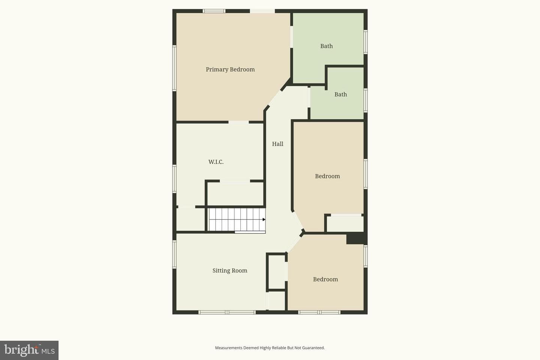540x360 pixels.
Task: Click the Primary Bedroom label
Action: (230, 69)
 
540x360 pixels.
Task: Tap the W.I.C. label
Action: (216, 162)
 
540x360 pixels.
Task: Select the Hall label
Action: (278, 144)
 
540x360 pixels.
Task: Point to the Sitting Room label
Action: (230, 270)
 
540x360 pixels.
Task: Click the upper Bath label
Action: (326, 46)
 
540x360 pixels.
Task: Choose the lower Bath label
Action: (340, 94)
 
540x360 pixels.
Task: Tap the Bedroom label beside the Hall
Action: (327, 176)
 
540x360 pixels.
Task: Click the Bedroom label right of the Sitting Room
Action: (325, 279)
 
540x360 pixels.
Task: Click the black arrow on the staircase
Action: (264, 219)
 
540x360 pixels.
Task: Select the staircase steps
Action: (237, 220)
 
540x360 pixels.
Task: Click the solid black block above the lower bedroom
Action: (357, 238)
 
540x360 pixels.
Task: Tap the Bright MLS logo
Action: (29, 350)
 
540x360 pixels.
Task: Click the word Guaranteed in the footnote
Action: (313, 348)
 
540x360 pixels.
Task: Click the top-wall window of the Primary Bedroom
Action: (214, 11)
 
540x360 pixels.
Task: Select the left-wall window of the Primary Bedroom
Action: (174, 68)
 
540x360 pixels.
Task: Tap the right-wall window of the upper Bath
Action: (366, 42)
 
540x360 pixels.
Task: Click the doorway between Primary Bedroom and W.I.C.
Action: (238, 122)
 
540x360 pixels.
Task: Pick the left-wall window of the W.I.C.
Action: (174, 178)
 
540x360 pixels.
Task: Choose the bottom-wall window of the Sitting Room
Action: (227, 312)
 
